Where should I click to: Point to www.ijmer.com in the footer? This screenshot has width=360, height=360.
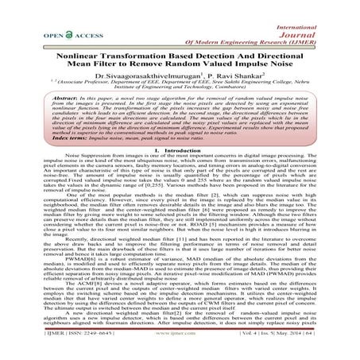point(180,347)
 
